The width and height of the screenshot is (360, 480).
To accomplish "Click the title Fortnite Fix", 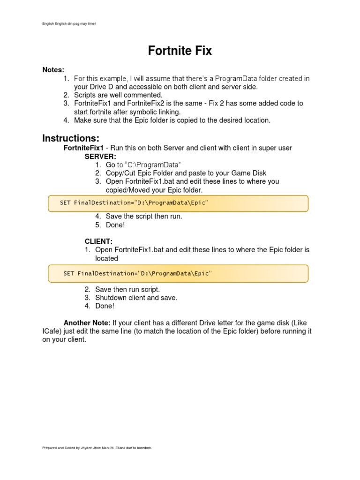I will [180, 51].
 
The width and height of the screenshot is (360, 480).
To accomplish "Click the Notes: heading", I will [53, 70].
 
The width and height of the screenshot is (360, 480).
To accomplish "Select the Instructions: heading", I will [71, 138].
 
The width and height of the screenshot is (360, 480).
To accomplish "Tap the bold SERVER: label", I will [100, 156].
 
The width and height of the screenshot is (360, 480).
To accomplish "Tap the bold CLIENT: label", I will [98, 241].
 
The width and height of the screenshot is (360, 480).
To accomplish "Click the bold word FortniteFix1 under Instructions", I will [83, 148].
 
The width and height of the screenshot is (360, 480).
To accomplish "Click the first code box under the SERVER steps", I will [178, 203].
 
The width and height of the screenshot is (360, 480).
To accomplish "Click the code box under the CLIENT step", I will [178, 273].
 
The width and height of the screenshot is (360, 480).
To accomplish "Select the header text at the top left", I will [69, 23].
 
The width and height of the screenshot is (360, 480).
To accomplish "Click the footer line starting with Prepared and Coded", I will [97, 448].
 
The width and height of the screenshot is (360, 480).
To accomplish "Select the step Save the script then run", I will [144, 217].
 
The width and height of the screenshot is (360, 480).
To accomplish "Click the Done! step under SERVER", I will [115, 225].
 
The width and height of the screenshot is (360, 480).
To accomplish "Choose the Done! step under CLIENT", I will [105, 306].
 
